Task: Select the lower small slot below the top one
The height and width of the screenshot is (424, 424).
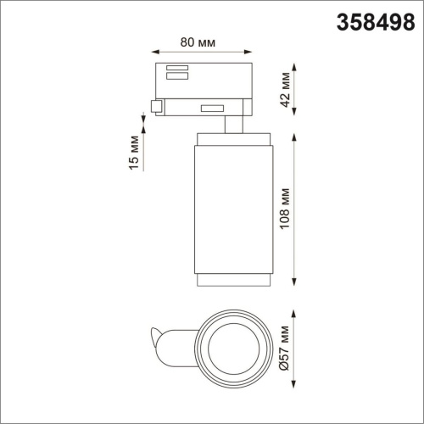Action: pyautogui.click(x=177, y=77)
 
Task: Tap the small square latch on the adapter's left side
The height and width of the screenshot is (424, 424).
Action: pyautogui.click(x=156, y=106)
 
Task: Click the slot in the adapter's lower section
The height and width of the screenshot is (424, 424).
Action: pyautogui.click(x=211, y=107)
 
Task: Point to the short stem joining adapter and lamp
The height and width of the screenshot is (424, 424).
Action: pyautogui.click(x=230, y=125)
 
